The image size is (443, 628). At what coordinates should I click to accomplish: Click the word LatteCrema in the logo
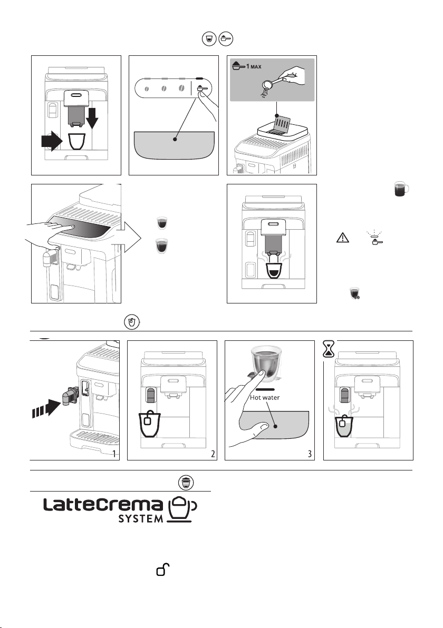[x=103, y=504]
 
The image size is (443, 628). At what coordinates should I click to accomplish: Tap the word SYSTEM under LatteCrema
[x=141, y=518]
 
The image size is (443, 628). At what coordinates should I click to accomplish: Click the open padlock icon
[x=163, y=569]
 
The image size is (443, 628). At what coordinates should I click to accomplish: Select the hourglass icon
[x=329, y=349]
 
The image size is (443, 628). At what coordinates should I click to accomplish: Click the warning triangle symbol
[x=342, y=238]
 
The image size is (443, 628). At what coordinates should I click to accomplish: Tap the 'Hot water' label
[x=265, y=397]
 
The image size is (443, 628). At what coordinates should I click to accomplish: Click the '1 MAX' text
[x=254, y=66]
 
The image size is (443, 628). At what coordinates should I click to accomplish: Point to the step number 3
[x=310, y=454]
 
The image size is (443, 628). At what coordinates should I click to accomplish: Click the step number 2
[x=213, y=454]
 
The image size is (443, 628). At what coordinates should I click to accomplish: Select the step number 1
[x=114, y=454]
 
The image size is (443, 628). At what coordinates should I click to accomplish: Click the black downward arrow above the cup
[x=92, y=116]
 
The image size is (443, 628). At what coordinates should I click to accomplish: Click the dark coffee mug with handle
[x=401, y=189]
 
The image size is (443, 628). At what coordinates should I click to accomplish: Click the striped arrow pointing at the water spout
[x=46, y=408]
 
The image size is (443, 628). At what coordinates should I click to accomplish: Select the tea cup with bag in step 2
[x=150, y=424]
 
